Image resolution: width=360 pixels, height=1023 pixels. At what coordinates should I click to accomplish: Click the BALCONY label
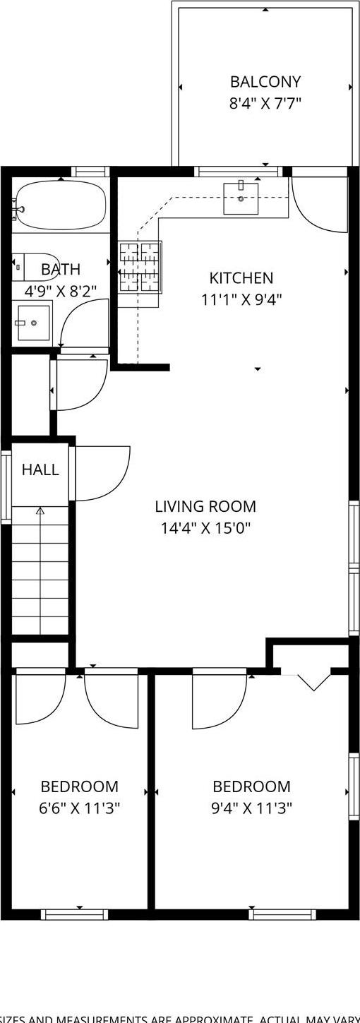tap(265, 82)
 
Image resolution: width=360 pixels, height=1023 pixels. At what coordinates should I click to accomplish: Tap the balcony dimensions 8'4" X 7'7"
tap(265, 104)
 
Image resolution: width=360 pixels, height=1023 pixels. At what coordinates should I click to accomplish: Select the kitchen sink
tap(241, 198)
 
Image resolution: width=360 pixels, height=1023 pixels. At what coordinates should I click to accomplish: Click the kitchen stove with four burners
tap(139, 267)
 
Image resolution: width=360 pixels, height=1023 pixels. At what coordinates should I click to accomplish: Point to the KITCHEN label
tap(241, 278)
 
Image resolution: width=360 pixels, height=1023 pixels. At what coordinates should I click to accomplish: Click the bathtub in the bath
tap(61, 205)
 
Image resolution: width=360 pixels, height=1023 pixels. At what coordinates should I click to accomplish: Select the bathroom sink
tap(33, 323)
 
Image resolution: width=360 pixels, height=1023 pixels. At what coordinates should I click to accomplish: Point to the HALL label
tap(40, 470)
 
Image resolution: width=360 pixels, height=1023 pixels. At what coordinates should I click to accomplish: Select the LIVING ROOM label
tap(205, 506)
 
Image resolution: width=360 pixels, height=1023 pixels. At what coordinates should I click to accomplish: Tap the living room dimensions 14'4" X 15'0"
tap(205, 528)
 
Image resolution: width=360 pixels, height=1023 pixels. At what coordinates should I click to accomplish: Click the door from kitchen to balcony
tap(320, 203)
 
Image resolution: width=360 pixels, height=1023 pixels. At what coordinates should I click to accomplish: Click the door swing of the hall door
tap(102, 473)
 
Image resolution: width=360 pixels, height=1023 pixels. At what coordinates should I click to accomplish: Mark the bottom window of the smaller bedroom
tap(74, 914)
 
